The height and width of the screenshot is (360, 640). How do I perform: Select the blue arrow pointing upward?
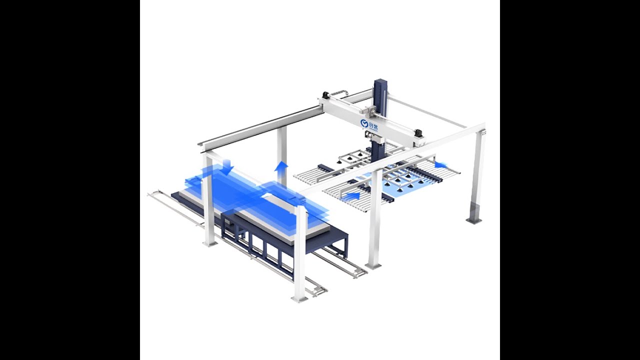(x=282, y=166)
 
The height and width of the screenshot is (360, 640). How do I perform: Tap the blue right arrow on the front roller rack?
(x=352, y=195)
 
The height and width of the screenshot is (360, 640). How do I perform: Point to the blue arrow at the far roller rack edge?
(x=440, y=164)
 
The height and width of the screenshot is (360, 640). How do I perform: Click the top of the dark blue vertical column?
(x=380, y=82)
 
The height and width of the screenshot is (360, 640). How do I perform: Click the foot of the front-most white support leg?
(x=299, y=298)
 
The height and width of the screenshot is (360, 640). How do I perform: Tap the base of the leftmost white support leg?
(x=210, y=243)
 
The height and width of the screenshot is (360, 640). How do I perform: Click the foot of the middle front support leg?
(x=373, y=264)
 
